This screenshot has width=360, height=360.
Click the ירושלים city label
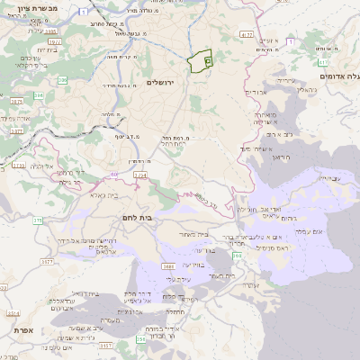(x=166, y=82)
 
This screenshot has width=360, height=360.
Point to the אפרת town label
(x=25, y=330)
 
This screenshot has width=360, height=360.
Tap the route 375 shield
(x=38, y=220)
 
